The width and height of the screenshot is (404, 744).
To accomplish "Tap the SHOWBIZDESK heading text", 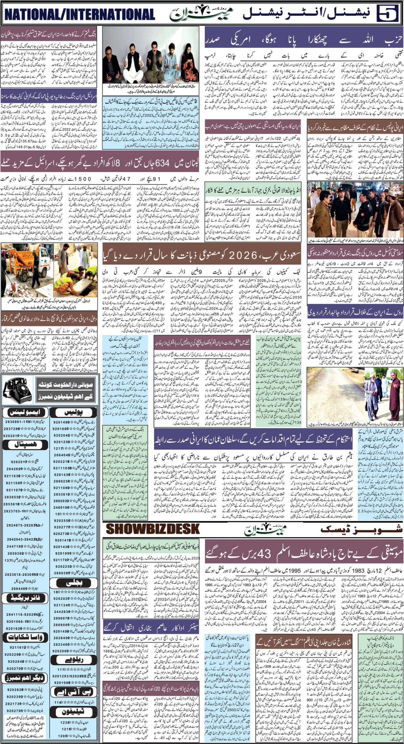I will (x=153, y=529).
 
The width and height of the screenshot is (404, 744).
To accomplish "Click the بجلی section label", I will (x=75, y=575).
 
